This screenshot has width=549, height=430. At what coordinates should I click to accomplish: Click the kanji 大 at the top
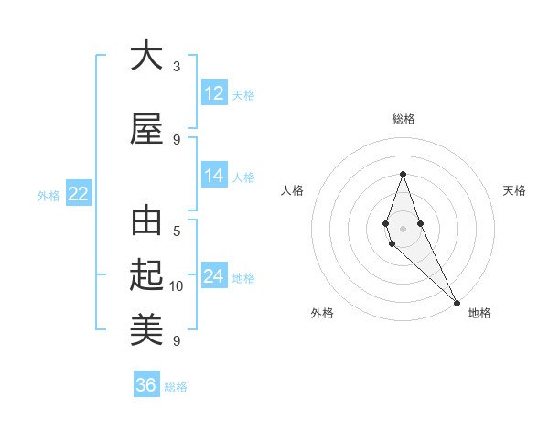point(146,56)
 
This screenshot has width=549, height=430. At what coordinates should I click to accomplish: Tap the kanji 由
point(146,222)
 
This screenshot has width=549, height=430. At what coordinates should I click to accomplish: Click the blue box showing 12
point(214,93)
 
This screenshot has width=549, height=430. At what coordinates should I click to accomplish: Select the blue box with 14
point(214,176)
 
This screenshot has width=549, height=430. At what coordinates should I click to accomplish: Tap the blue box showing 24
point(214,277)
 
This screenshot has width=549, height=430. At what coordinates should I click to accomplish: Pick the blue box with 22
point(79,194)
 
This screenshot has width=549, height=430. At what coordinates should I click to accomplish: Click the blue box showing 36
point(146,385)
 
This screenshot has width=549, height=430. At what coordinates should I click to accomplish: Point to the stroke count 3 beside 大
point(177,66)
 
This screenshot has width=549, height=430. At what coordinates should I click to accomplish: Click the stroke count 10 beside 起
point(177,286)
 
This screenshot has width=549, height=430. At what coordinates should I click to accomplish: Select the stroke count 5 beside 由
point(177,231)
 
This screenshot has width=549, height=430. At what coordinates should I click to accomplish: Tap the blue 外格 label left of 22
point(48,195)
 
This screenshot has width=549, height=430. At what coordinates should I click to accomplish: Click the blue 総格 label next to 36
point(176,386)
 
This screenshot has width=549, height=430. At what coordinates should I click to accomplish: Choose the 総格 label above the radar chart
point(403,119)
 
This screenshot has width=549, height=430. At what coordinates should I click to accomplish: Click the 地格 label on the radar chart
point(479,313)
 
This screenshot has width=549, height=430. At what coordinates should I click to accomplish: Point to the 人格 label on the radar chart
point(293,190)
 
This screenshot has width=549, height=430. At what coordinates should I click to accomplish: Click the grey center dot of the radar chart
point(403,229)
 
